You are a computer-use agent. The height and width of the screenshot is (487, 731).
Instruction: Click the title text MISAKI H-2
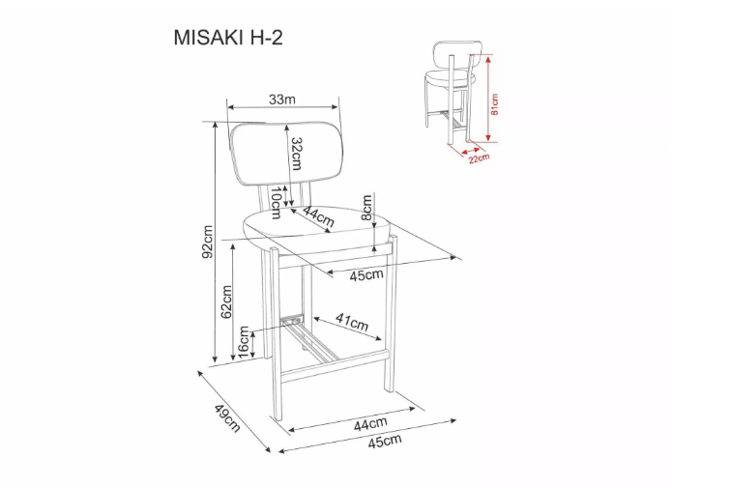pos(228,37)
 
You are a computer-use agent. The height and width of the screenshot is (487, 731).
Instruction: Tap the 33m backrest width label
pos(281,100)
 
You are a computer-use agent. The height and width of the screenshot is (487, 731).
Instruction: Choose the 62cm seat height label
pos(227,302)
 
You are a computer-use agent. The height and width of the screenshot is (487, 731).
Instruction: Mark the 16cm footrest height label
pos(245,342)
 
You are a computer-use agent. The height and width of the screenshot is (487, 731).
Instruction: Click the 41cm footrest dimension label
pos(351,322)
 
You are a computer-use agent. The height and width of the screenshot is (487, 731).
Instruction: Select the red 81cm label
pos(494,103)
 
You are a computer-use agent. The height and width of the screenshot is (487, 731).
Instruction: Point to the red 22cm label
pos(478,157)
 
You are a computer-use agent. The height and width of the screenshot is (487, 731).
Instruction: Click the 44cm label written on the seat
pos(318,217)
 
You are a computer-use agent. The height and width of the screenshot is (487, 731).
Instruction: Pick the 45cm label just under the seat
pos(365,276)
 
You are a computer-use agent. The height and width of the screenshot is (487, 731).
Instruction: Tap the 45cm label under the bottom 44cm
pos(384,442)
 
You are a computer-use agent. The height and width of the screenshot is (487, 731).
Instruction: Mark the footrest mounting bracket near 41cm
pos(291,319)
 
